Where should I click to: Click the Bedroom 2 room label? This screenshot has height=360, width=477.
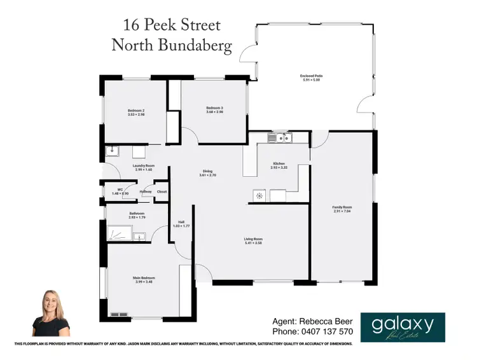[x=136, y=111]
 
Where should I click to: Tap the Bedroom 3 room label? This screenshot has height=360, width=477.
[x=214, y=107]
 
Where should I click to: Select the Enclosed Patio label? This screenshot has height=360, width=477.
[x=313, y=76]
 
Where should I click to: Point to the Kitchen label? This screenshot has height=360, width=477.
[x=279, y=163]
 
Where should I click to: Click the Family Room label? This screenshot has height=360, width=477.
[x=342, y=207]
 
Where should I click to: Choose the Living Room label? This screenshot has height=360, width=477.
[x=253, y=239]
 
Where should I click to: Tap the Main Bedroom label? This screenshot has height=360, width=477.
[x=143, y=278]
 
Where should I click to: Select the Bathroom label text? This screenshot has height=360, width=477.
[x=137, y=213]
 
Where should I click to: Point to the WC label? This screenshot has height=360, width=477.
[x=115, y=190]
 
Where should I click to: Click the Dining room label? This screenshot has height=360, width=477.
[x=207, y=171]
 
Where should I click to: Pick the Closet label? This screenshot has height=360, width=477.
[x=162, y=191]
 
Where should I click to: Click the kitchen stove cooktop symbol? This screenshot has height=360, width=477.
[x=259, y=195]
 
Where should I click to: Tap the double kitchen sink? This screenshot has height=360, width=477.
[x=279, y=137]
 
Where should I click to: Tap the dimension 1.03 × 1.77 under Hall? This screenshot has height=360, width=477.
[x=181, y=226]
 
